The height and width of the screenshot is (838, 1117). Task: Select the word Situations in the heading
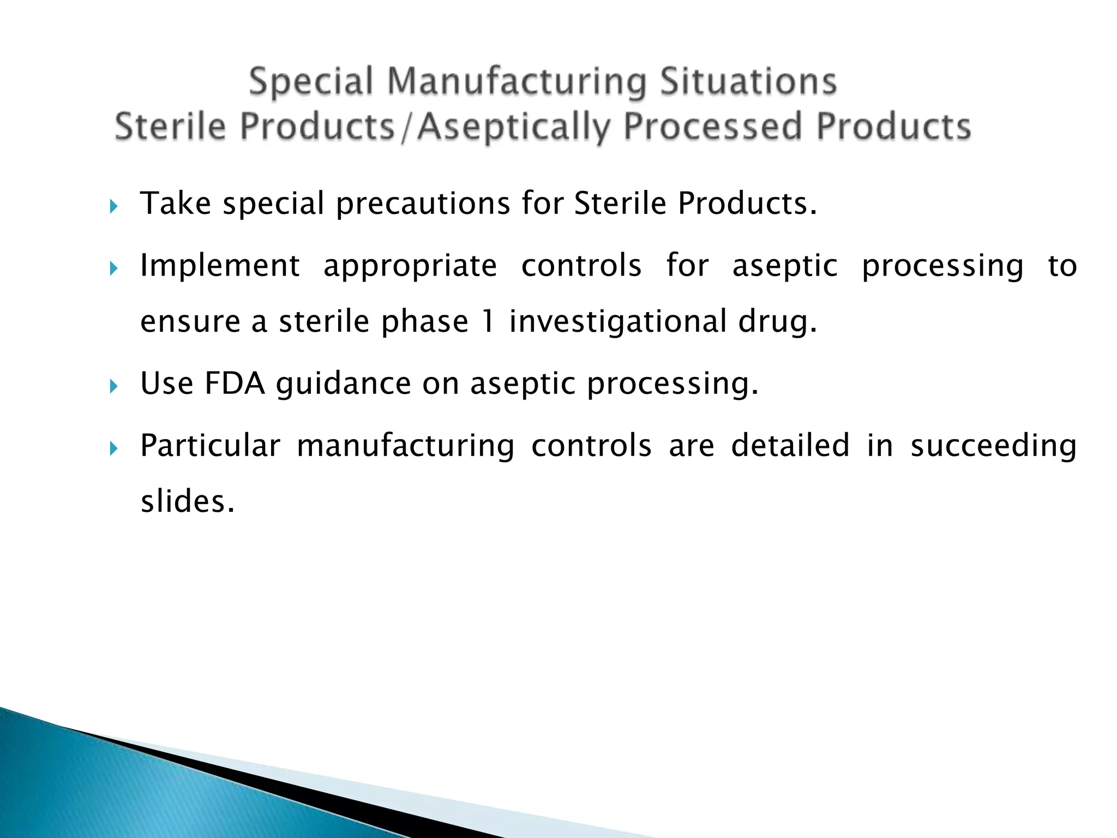click(x=748, y=82)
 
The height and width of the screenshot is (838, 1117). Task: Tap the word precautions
click(x=423, y=204)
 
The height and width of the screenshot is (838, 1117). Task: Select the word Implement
click(x=220, y=267)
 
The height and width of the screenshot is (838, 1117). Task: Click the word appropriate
click(x=410, y=267)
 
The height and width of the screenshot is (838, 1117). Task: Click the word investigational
click(x=617, y=322)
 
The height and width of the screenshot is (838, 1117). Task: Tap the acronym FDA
click(x=235, y=383)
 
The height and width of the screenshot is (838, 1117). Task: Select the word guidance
click(x=343, y=384)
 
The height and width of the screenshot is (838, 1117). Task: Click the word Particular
click(x=210, y=445)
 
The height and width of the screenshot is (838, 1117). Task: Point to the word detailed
click(x=790, y=445)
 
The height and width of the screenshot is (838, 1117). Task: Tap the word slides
click(x=187, y=501)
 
